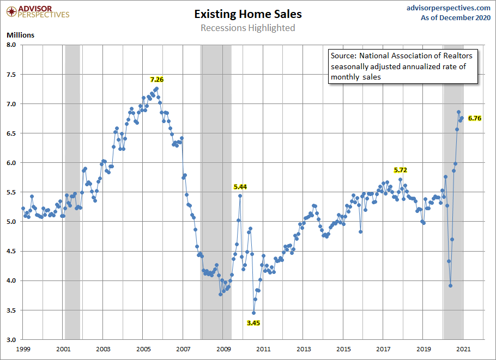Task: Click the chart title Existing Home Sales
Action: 247,14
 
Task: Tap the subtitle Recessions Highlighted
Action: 247,28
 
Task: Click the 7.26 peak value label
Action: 157,80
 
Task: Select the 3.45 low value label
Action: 253,322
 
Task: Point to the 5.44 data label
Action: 240,187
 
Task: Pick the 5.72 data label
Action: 400,170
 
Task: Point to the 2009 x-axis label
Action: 223,349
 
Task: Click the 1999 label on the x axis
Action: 23,349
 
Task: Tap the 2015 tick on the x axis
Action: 343,349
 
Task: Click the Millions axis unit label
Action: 21,35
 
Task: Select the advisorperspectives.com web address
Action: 441,8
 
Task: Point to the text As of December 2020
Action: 456,17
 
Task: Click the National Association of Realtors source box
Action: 402,66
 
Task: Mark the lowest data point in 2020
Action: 451,285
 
